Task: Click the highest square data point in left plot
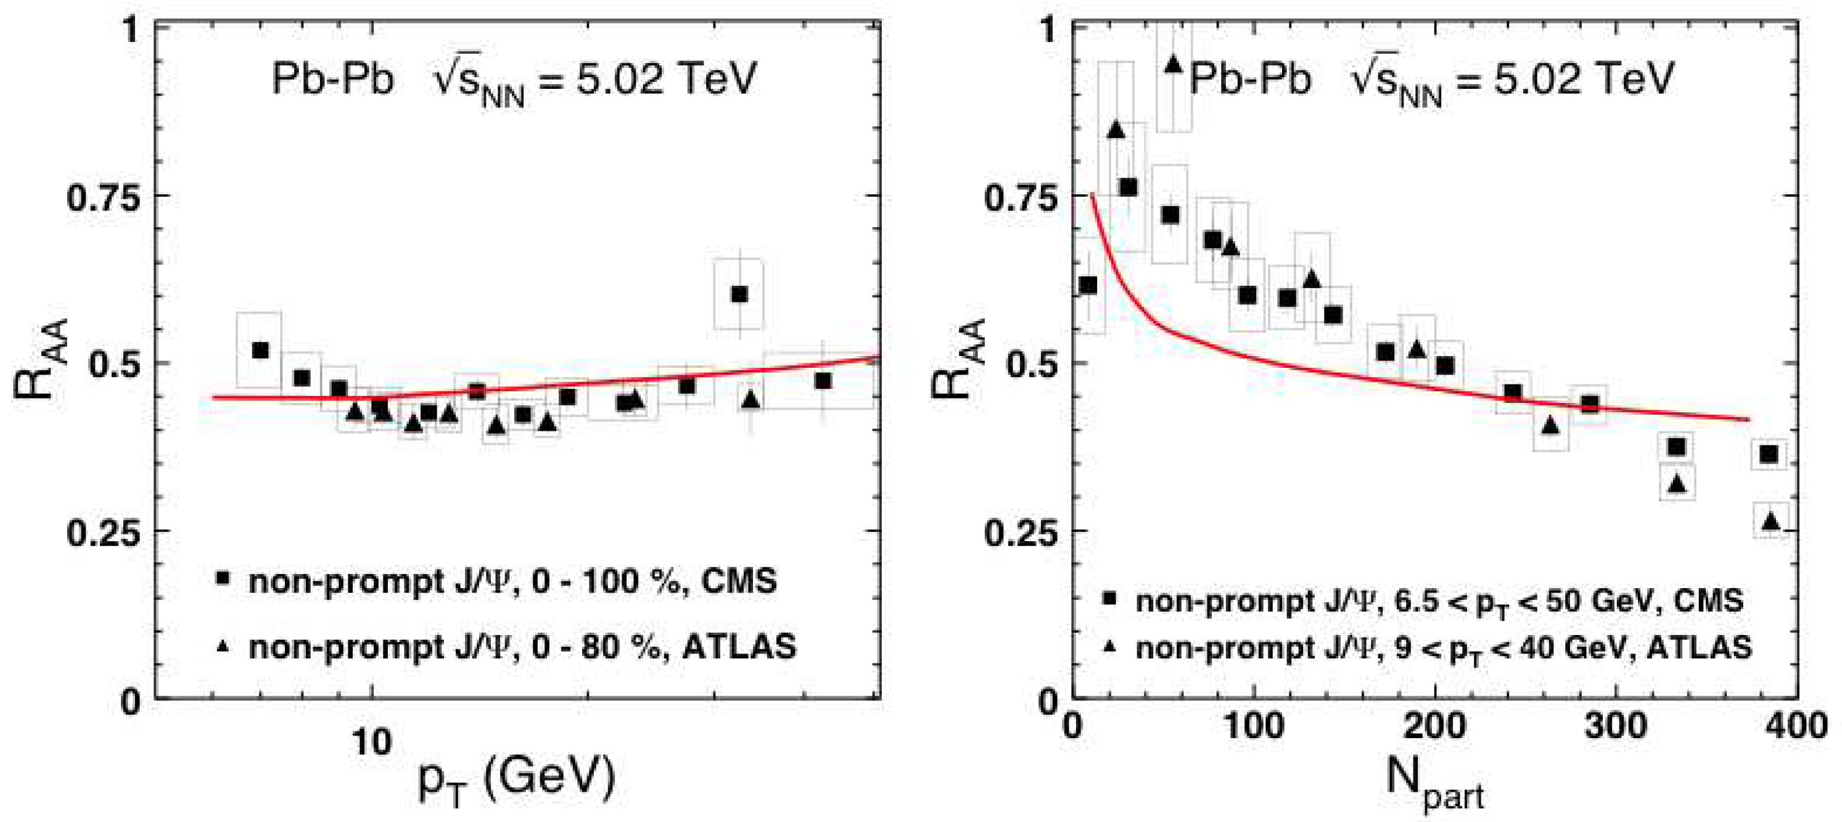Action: click(x=739, y=294)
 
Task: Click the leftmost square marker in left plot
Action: click(x=260, y=351)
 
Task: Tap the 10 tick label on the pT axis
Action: click(x=371, y=742)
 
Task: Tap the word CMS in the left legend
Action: click(x=739, y=581)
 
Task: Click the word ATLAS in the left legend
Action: click(x=739, y=647)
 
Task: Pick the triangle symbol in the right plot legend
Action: click(x=1110, y=647)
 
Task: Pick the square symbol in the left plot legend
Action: click(x=223, y=578)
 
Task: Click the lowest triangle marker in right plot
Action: click(x=1770, y=521)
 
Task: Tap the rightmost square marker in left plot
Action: click(x=822, y=381)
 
